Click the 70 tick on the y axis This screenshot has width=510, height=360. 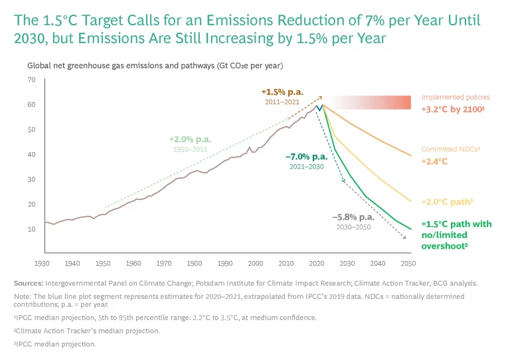(x=31, y=80)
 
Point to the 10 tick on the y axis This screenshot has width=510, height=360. (x=31, y=229)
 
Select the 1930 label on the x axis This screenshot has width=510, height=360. (x=44, y=263)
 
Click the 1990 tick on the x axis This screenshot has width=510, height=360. (x=226, y=263)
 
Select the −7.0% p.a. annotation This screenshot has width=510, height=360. (x=306, y=157)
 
